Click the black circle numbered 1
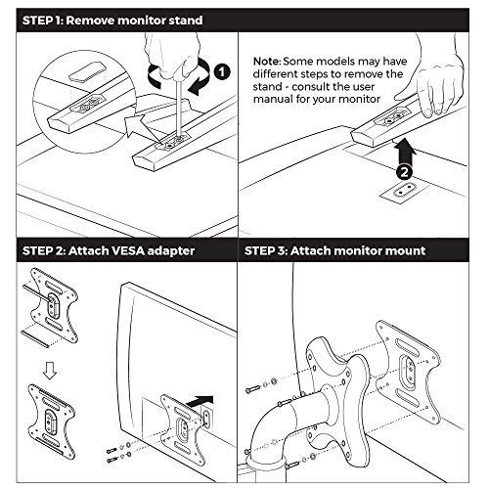(x=222, y=71)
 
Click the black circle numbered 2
(x=404, y=172)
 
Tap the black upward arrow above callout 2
(x=404, y=152)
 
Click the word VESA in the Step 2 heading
(x=127, y=250)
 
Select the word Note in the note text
(x=266, y=62)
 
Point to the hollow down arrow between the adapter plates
(x=50, y=371)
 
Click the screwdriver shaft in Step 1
(x=179, y=108)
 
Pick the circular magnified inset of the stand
(x=84, y=102)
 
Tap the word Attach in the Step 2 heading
(x=89, y=250)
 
